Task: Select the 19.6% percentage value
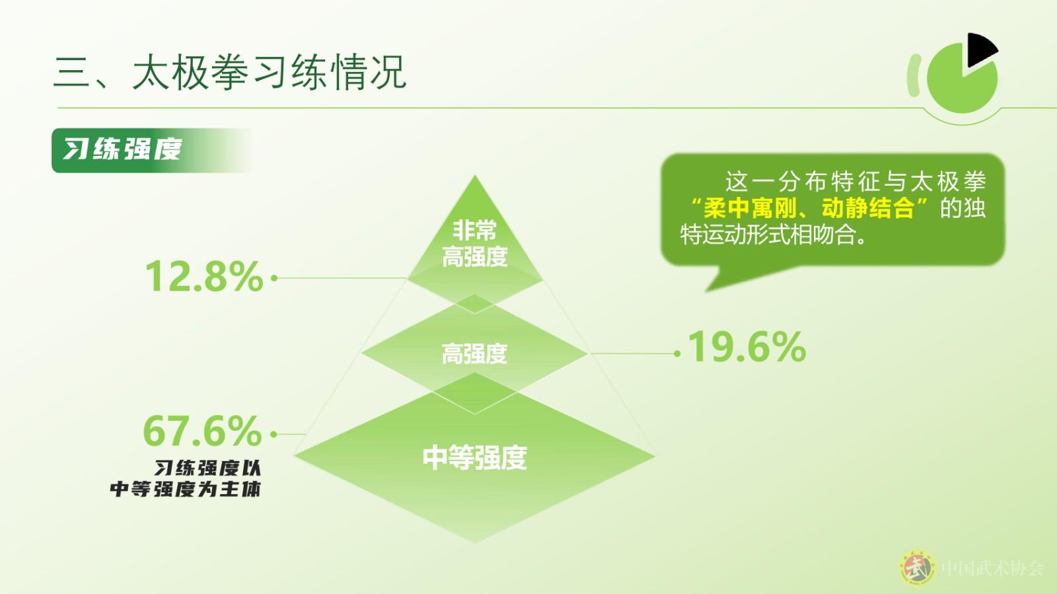[747, 347]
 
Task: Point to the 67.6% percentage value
[202, 430]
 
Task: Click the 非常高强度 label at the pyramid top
[475, 244]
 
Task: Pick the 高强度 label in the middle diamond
[475, 354]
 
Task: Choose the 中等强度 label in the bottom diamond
[475, 457]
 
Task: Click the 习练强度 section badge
[151, 150]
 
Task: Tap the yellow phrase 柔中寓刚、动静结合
[809, 208]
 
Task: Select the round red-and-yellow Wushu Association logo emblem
[917, 568]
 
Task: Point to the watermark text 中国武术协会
[992, 568]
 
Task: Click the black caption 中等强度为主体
[185, 489]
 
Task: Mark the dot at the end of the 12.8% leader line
[274, 278]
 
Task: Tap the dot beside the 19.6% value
[678, 353]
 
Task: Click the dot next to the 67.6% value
[273, 434]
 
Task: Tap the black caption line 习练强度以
[207, 468]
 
